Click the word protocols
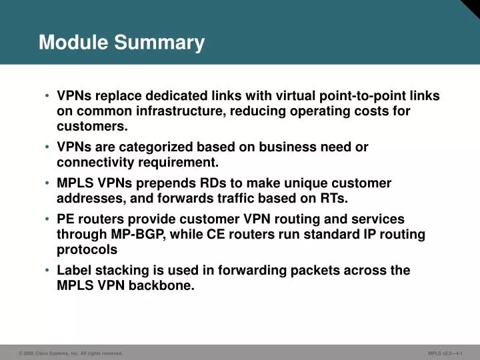pyautogui.click(x=87, y=249)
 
